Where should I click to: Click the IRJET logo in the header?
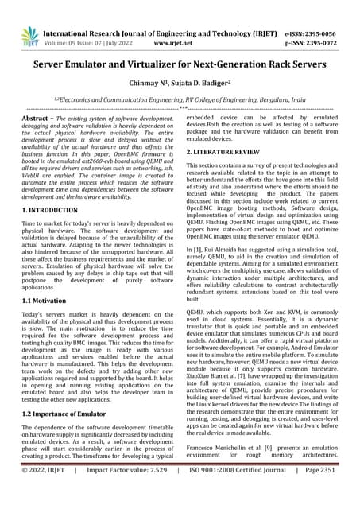[x=29, y=35]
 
